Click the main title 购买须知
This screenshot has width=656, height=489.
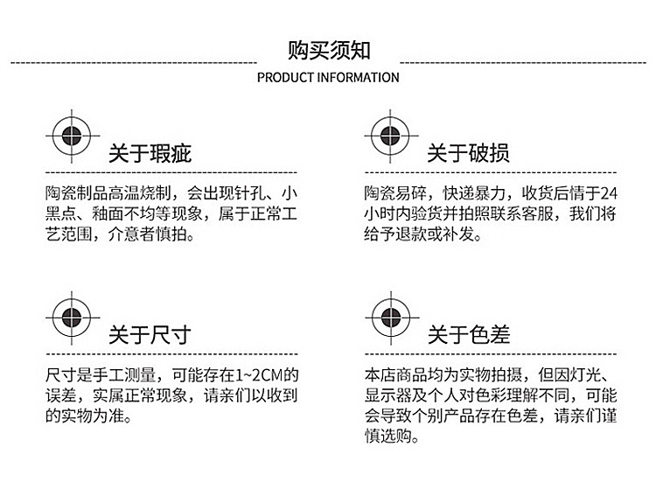tap(328, 49)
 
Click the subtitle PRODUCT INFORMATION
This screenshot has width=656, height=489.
tap(328, 77)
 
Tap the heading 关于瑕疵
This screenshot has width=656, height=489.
tap(150, 154)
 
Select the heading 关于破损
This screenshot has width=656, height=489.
tap(468, 154)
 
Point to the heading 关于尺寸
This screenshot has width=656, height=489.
tap(150, 334)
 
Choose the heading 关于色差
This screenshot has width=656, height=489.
tap(468, 334)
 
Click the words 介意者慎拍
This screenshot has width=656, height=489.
tap(153, 235)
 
